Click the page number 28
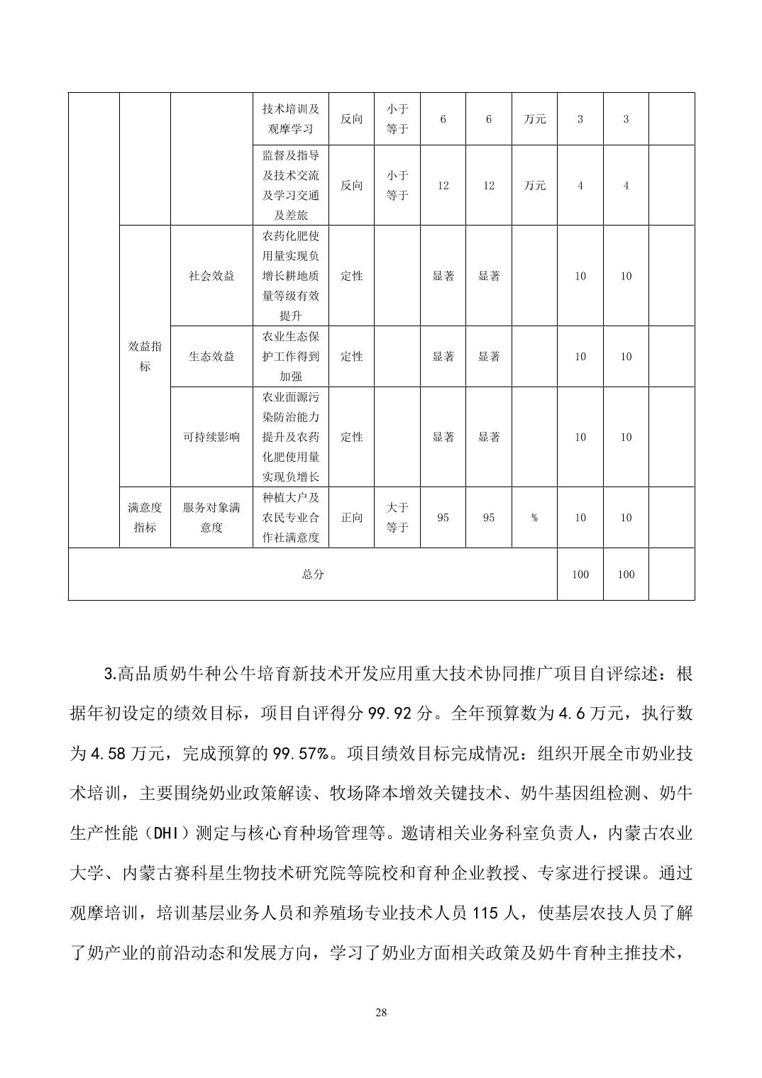[x=381, y=1012]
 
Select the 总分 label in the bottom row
[x=312, y=574]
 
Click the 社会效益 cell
[x=211, y=277]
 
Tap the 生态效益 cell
[x=211, y=357]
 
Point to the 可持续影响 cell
[x=211, y=437]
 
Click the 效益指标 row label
[x=145, y=356]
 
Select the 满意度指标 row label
[x=145, y=518]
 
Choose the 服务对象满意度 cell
[x=211, y=518]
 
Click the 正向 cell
[x=351, y=518]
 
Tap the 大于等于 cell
[x=397, y=518]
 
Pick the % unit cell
[x=534, y=518]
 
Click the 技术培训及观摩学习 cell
[x=291, y=119]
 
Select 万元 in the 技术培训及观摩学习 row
[x=534, y=119]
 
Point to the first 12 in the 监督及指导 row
[x=443, y=186]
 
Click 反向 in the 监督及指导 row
[x=351, y=186]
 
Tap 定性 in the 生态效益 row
[x=351, y=357]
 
